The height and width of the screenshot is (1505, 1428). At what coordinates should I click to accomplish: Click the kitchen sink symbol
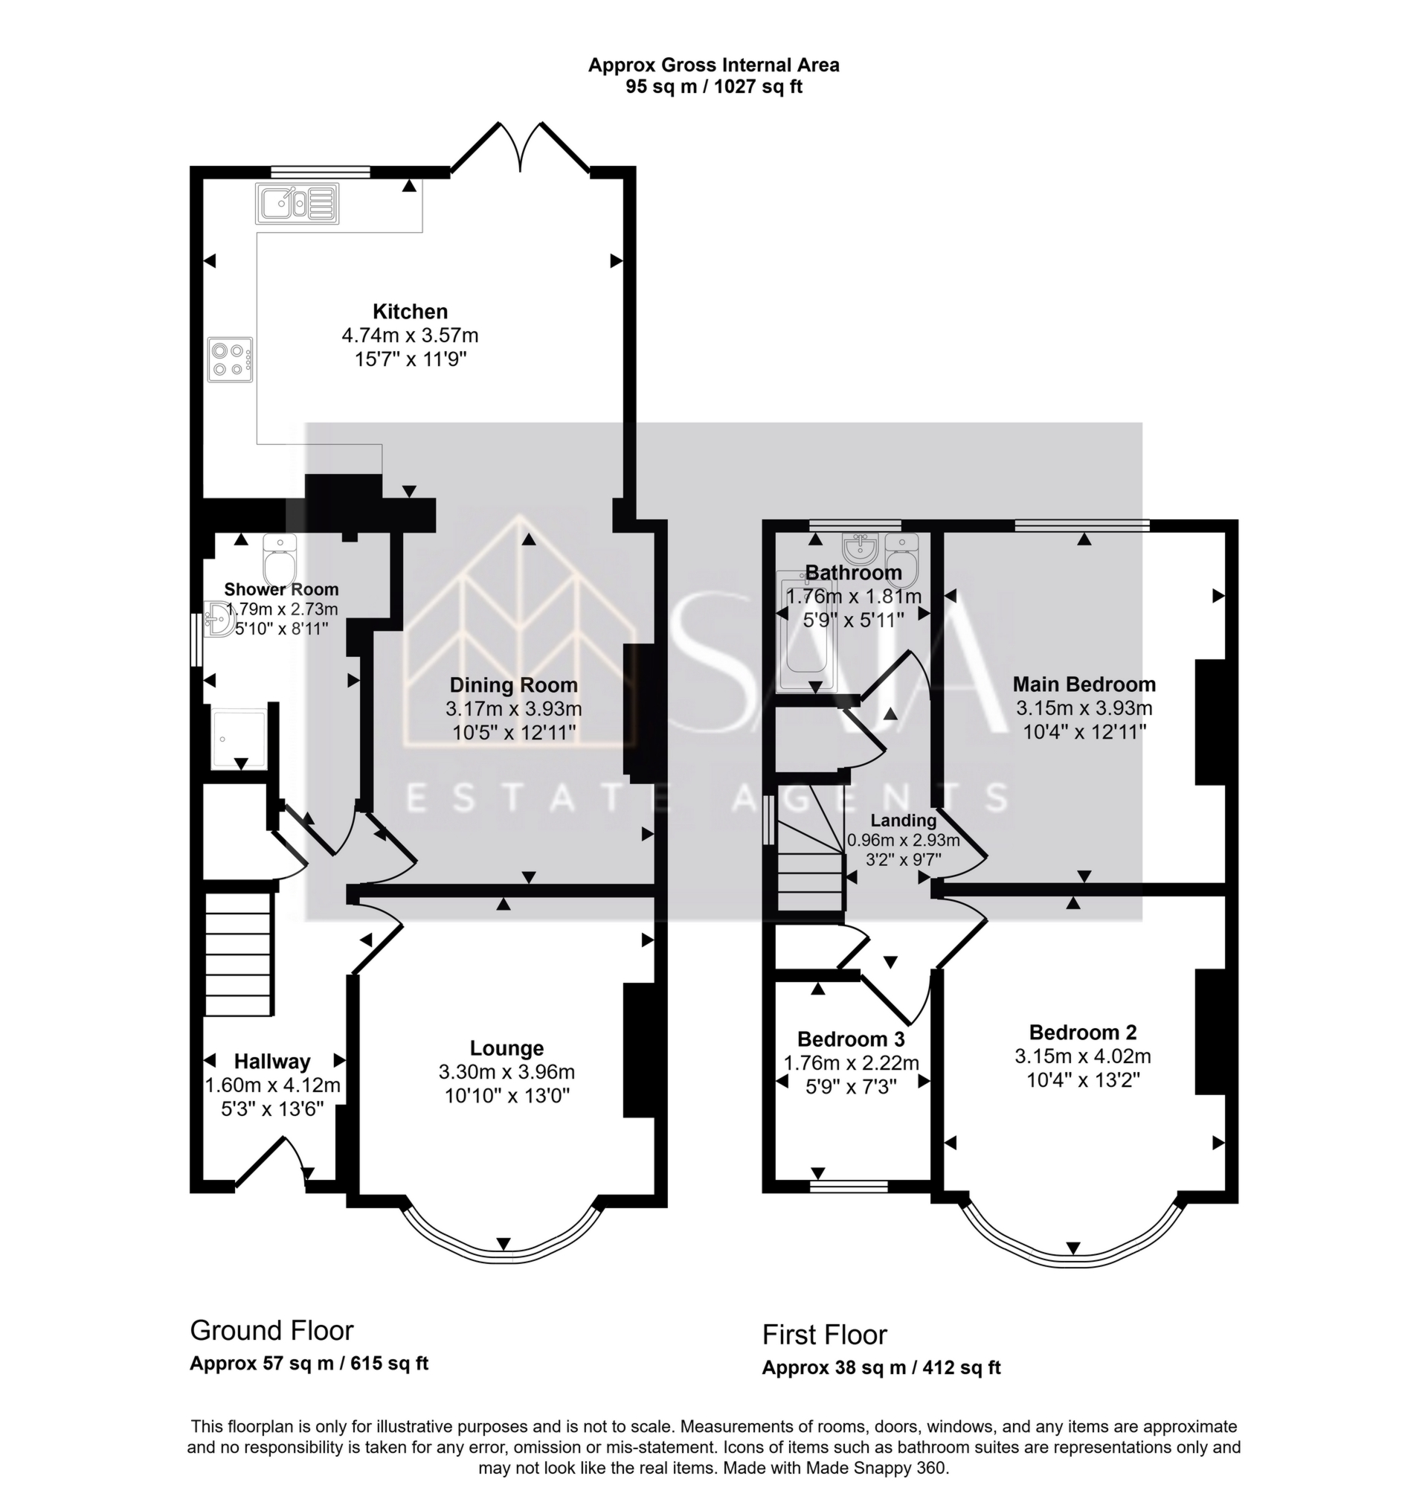point(297,203)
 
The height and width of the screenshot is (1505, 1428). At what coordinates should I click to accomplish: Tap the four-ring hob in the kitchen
point(229,360)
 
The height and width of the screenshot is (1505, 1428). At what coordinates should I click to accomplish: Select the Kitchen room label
point(411,312)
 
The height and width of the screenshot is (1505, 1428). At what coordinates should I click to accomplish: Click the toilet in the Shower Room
point(279,559)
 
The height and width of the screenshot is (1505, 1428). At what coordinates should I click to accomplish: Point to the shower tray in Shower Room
point(239,739)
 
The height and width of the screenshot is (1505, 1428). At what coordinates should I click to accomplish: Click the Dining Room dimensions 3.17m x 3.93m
point(514,709)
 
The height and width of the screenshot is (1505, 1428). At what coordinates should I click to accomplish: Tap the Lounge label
point(506,1048)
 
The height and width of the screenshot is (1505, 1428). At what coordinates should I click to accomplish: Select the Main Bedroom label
point(1084,684)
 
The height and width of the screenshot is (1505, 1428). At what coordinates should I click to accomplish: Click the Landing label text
point(904,821)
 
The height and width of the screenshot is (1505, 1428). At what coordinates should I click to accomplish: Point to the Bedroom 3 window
point(849,1186)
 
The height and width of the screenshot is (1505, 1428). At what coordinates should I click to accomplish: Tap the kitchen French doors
point(521,149)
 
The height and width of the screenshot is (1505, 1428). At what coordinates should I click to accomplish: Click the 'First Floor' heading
point(824,1335)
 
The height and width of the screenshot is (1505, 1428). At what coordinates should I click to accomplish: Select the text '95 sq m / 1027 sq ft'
point(713,87)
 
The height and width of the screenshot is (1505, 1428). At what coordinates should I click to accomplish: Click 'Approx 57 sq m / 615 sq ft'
point(309,1363)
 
